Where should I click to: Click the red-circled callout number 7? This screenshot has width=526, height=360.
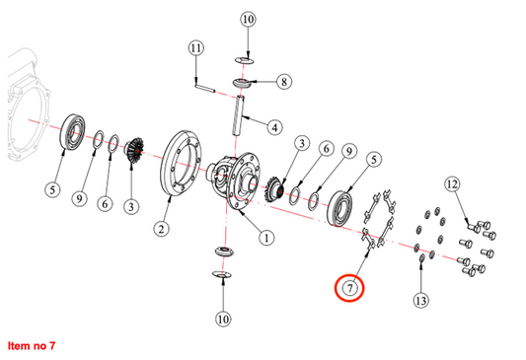coord(349,288)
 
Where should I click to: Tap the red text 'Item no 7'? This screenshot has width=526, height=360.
coord(32,345)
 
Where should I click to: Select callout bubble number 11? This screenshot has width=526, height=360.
coord(196,47)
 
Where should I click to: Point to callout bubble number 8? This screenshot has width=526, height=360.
coord(284,82)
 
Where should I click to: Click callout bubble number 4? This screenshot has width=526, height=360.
coord(274,127)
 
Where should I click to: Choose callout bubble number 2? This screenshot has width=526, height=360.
coord(162,229)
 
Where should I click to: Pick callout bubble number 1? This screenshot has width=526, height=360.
coord(266,238)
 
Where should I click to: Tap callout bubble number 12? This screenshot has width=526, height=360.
coord(452,184)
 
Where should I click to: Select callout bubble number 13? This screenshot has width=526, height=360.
coord(420,300)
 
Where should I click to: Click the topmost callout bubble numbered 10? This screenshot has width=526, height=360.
coord(248,19)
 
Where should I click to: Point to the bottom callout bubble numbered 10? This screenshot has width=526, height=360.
coord(223,319)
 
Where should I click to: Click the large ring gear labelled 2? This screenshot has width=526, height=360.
coord(182,163)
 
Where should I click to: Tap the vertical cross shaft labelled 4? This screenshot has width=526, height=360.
coord(238,115)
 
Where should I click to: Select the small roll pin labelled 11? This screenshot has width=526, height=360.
coord(204,88)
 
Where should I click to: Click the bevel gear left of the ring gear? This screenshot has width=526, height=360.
coord(135,150)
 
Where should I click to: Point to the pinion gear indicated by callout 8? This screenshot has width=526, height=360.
coord(242,83)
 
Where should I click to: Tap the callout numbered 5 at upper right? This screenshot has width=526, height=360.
coord(374,159)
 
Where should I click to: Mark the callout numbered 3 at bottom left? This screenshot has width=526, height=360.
coord(131,206)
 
